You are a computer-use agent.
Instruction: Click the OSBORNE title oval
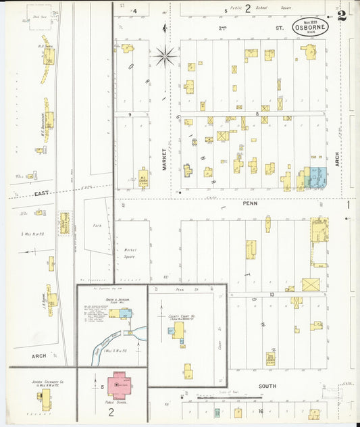point(311,28)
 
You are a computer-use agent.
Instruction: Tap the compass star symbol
point(165,55)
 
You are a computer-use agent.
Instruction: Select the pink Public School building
point(118,384)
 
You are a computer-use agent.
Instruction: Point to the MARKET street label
point(164,159)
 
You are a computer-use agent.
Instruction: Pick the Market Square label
point(129,253)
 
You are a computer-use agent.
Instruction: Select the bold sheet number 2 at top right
point(342,16)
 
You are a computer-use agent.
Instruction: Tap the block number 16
point(260,410)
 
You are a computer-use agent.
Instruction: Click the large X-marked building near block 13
point(311,284)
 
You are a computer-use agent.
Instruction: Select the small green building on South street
point(217,412)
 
